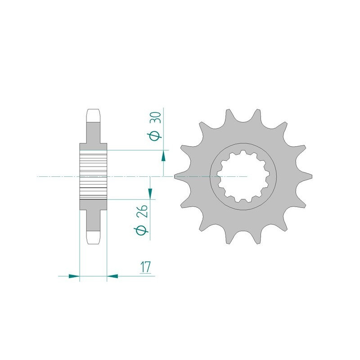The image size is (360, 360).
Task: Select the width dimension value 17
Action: (x=144, y=267)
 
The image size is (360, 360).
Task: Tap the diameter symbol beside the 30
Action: (x=155, y=136)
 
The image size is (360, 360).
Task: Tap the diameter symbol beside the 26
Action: (x=141, y=230)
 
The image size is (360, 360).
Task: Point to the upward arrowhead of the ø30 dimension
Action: (x=163, y=156)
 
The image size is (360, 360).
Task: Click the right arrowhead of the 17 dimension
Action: (x=112, y=276)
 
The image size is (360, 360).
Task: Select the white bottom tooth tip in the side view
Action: (x=93, y=237)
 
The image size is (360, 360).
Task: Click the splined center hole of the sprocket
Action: (x=243, y=176)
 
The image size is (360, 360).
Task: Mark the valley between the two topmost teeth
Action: (x=243, y=121)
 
